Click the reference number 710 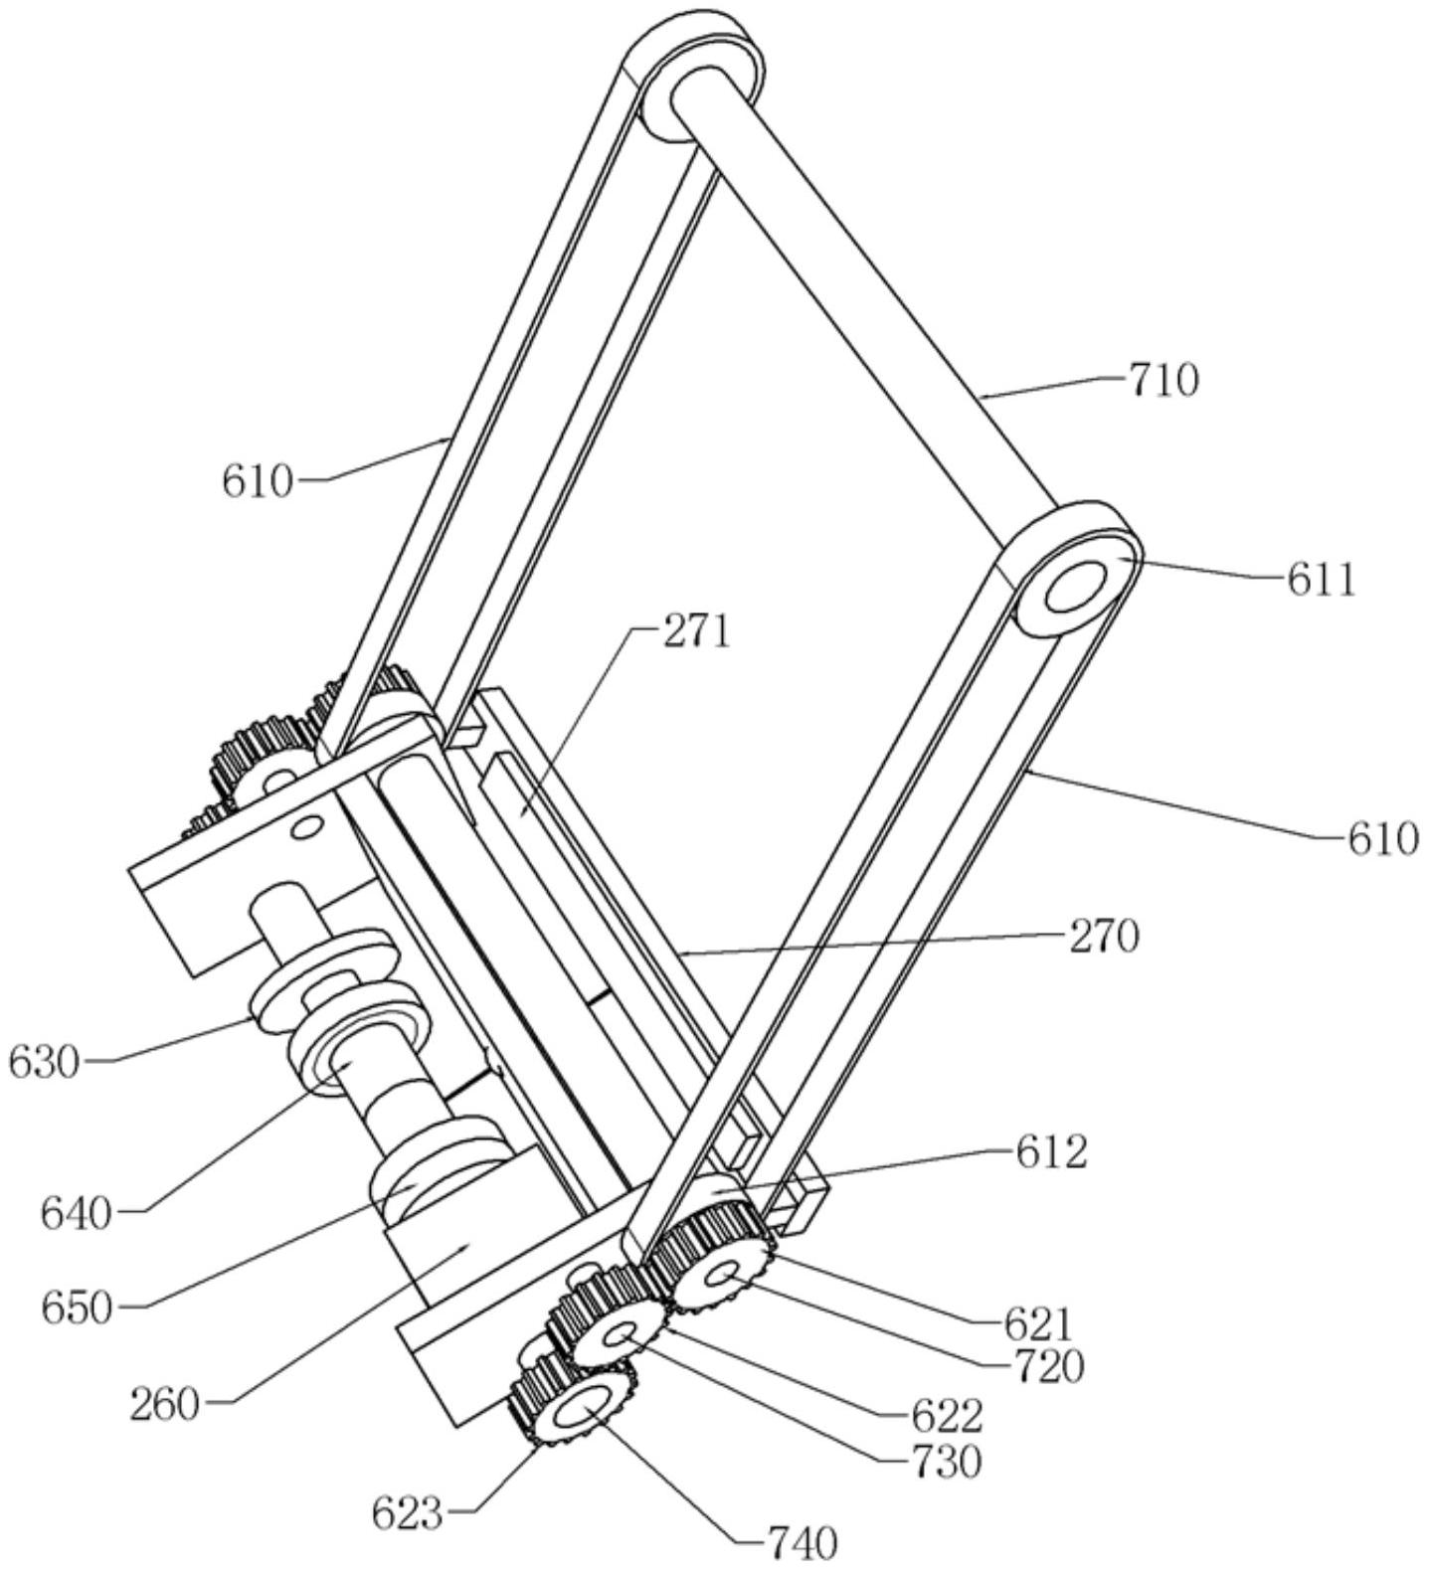(x=1162, y=381)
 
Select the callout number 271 (x=696, y=631)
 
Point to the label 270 (x=1103, y=937)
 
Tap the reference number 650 (x=77, y=1308)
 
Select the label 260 (x=164, y=1405)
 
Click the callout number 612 (x=1051, y=1152)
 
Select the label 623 (x=407, y=1514)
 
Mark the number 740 (x=803, y=1543)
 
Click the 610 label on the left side (x=258, y=482)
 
